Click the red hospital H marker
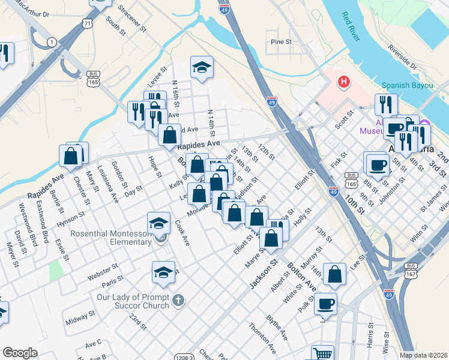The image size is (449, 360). [344, 82]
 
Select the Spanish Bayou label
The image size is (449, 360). [408, 85]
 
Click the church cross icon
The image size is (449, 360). [178, 301]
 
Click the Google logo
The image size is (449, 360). [20, 353]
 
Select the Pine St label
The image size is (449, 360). [281, 43]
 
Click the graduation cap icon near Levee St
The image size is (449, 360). [202, 67]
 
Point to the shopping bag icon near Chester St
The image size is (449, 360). [70, 155]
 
